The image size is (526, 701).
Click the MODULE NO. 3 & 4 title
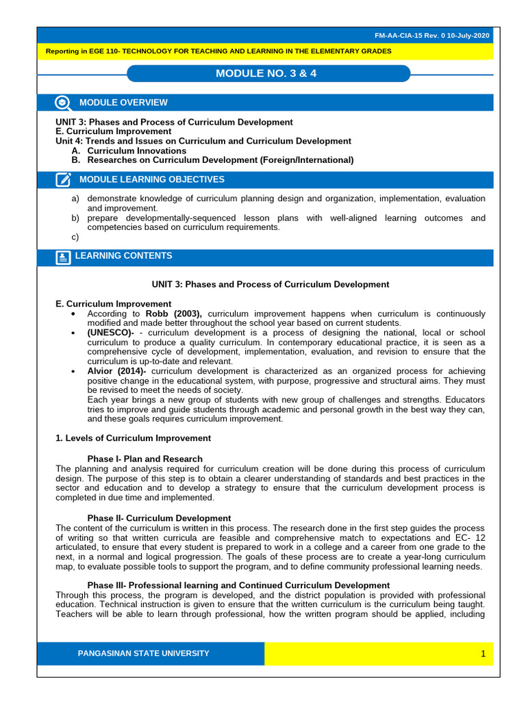pyautogui.click(x=267, y=73)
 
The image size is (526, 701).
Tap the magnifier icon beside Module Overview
pyautogui.click(x=63, y=103)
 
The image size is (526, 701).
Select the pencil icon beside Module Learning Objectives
pyautogui.click(x=63, y=180)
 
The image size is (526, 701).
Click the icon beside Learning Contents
pyautogui.click(x=63, y=257)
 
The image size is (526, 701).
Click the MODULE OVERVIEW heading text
pyautogui.click(x=123, y=103)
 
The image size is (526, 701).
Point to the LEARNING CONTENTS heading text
pyautogui.click(x=123, y=256)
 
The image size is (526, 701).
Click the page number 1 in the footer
pyautogui.click(x=483, y=654)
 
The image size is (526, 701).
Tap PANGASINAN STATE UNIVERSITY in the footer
pyautogui.click(x=144, y=654)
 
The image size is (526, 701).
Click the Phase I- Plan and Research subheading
pyautogui.click(x=145, y=459)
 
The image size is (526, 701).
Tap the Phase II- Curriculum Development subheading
pyautogui.click(x=159, y=518)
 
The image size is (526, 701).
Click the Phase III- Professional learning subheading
pyautogui.click(x=238, y=585)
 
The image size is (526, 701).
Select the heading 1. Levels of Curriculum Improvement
pyautogui.click(x=133, y=438)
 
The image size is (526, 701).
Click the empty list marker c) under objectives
pyautogui.click(x=75, y=238)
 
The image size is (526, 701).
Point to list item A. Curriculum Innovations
pyautogui.click(x=128, y=151)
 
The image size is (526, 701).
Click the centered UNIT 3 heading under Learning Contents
pyautogui.click(x=270, y=284)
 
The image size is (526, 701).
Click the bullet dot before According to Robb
pyautogui.click(x=73, y=314)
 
